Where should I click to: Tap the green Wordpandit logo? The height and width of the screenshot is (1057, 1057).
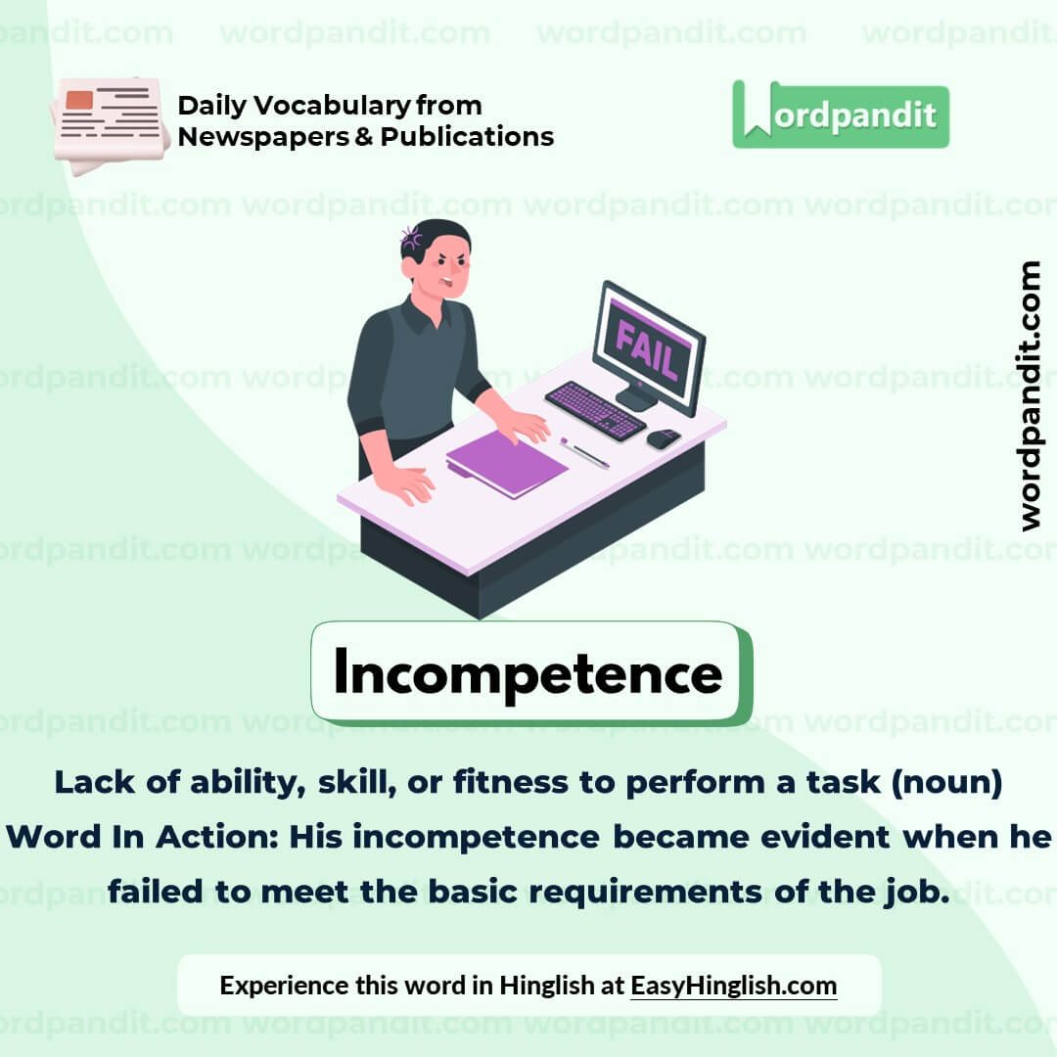pyautogui.click(x=840, y=115)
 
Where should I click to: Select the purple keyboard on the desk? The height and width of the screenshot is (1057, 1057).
pyautogui.click(x=595, y=409)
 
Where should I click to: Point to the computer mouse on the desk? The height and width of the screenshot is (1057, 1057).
pyautogui.click(x=663, y=438)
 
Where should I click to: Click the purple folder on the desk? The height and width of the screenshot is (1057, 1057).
pyautogui.click(x=507, y=463)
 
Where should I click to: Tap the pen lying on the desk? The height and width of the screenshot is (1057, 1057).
pyautogui.click(x=585, y=453)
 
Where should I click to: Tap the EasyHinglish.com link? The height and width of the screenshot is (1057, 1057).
pyautogui.click(x=733, y=985)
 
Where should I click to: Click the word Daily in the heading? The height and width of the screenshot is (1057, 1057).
pyautogui.click(x=208, y=105)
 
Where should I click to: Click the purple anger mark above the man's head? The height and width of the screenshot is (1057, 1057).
pyautogui.click(x=411, y=236)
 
